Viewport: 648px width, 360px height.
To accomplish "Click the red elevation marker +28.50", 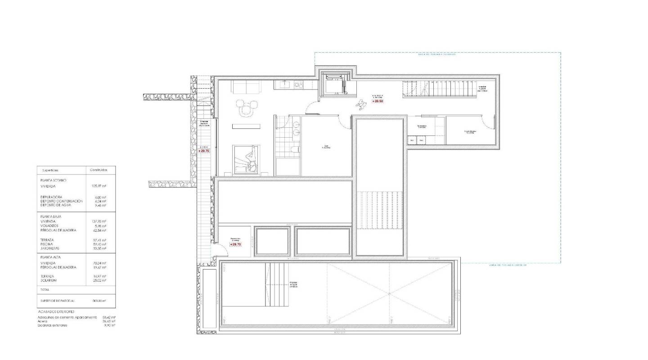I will pyautogui.click(x=378, y=101).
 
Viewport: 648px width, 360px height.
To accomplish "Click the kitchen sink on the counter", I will pyautogui.click(x=284, y=84).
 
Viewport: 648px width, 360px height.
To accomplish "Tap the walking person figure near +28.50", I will pyautogui.click(x=361, y=106).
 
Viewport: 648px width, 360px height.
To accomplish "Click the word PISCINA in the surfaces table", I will pyautogui.click(x=47, y=244).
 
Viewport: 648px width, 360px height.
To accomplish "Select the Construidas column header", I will pyautogui.click(x=99, y=170).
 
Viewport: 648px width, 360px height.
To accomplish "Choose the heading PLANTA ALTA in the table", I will pyautogui.click(x=51, y=257).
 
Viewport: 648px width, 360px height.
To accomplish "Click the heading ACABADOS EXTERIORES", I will pyautogui.click(x=56, y=311).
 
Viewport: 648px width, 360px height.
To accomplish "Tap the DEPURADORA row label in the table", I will pyautogui.click(x=50, y=197).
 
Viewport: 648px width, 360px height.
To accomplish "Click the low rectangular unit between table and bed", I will pyautogui.click(x=247, y=126).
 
